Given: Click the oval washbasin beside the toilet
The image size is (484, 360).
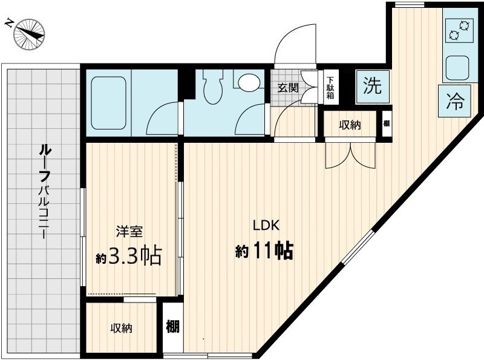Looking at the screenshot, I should click(247, 82).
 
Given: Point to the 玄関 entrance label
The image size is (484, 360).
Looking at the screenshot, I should click(288, 87).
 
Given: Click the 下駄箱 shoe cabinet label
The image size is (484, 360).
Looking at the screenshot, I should click(330, 87).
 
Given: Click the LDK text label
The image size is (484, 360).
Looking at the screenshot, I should click(265, 225).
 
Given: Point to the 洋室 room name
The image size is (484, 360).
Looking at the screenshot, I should click(129, 232).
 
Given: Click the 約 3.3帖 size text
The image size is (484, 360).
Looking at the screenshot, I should click(129, 257).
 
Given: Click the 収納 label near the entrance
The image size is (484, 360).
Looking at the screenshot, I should click(349, 125).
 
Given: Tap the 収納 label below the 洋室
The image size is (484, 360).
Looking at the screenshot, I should click(121, 329).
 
